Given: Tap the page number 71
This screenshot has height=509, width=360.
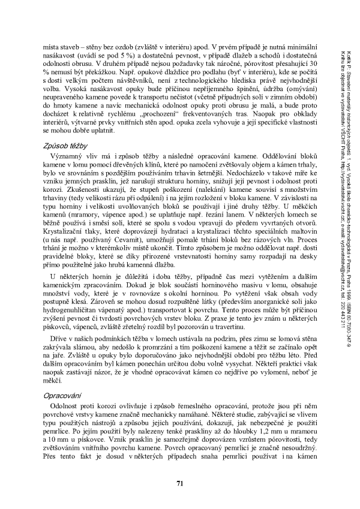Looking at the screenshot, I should (180, 484).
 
